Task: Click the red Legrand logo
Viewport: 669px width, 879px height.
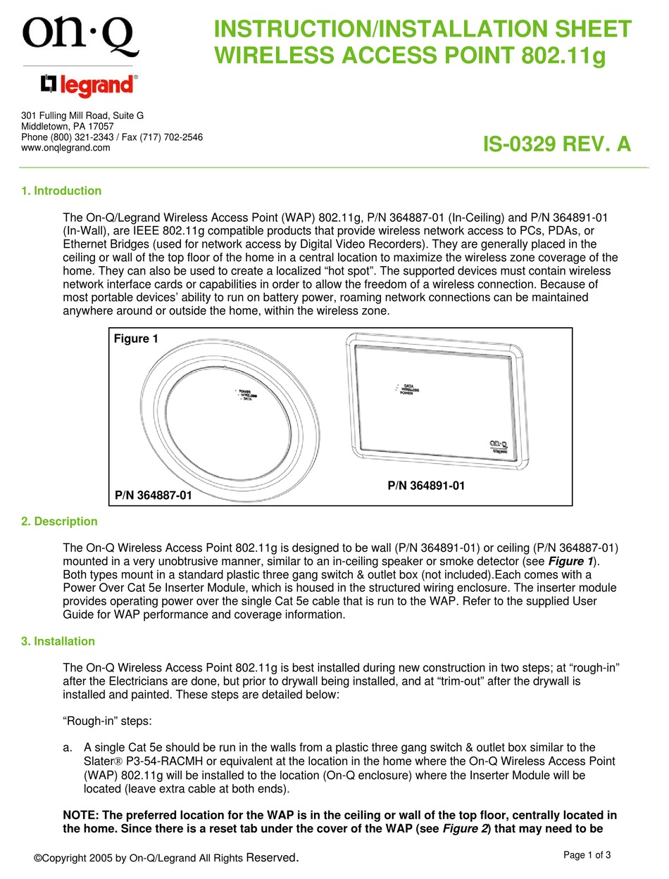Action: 88,86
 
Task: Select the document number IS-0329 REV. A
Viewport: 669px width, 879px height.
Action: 556,144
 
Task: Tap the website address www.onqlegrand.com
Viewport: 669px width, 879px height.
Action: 65,148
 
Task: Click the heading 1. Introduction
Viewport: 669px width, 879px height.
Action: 61,191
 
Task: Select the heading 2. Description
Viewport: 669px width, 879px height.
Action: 59,521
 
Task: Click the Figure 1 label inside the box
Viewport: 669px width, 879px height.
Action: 136,339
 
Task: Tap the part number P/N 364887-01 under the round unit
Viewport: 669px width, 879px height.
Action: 153,496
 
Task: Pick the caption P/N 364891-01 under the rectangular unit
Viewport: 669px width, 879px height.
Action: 426,486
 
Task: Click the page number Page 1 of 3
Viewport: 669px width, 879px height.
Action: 587,855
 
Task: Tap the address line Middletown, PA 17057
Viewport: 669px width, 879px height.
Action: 67,127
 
